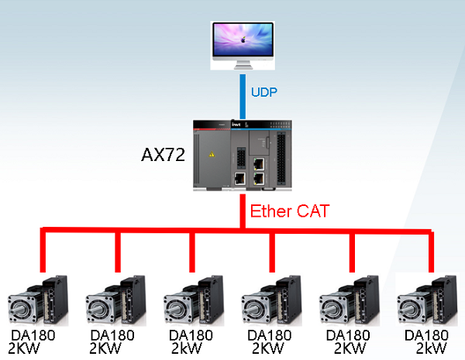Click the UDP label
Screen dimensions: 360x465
point(264,92)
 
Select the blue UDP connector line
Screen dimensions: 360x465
point(243,94)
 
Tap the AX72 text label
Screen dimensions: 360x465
point(163,155)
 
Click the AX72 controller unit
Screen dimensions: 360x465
point(243,155)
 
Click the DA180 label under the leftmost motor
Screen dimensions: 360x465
point(33,335)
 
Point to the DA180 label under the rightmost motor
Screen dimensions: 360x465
point(427,335)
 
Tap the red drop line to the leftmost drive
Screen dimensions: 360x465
point(43,252)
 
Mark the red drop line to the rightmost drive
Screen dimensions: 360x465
point(430,252)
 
